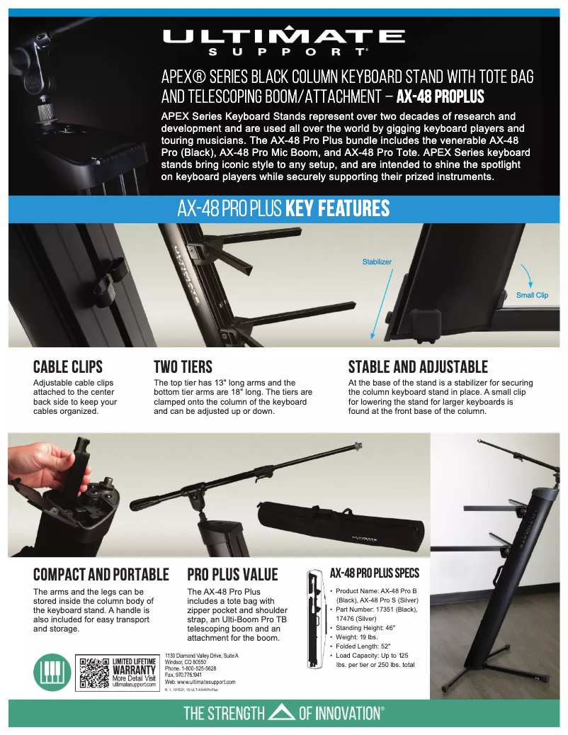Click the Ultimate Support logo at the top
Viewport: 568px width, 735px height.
(x=283, y=40)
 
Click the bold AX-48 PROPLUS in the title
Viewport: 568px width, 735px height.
(x=440, y=96)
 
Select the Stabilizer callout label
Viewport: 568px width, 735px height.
(x=377, y=262)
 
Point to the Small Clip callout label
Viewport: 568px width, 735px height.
(x=531, y=295)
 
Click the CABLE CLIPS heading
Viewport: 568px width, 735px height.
(x=68, y=366)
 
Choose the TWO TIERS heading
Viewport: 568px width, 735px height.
(x=183, y=366)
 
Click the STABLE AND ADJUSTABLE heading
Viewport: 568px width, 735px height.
(x=418, y=366)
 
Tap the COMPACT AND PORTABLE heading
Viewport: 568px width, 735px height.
(x=101, y=574)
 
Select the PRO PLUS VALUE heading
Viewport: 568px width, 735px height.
(x=232, y=574)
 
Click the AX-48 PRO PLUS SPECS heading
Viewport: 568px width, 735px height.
(x=375, y=573)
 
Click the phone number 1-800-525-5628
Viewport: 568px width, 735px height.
(x=190, y=668)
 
